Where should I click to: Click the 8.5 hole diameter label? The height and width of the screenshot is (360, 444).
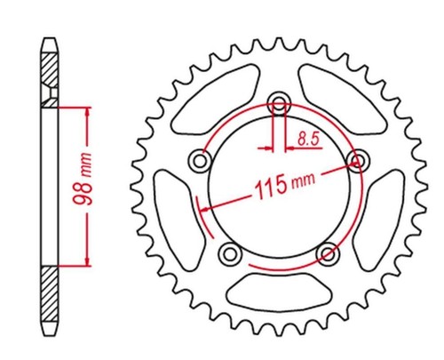[308, 139]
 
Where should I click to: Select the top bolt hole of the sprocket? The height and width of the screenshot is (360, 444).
[279, 104]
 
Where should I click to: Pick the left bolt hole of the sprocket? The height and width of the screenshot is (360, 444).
[200, 162]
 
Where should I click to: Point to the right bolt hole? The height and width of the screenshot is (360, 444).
[358, 161]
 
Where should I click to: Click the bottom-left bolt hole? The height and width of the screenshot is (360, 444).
[230, 254]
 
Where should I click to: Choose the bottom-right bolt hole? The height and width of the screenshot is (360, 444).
[328, 253]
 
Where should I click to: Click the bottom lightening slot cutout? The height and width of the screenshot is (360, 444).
[279, 292]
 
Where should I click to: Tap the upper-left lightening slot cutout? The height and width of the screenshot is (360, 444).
[215, 100]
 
